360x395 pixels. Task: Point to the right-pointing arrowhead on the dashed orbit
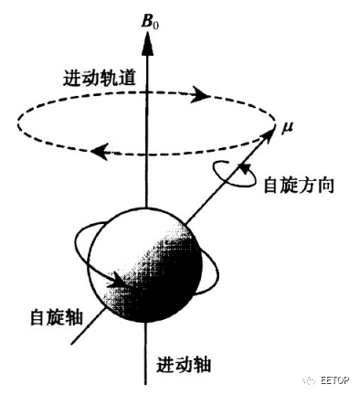200,94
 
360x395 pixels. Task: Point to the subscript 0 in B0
154,19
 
